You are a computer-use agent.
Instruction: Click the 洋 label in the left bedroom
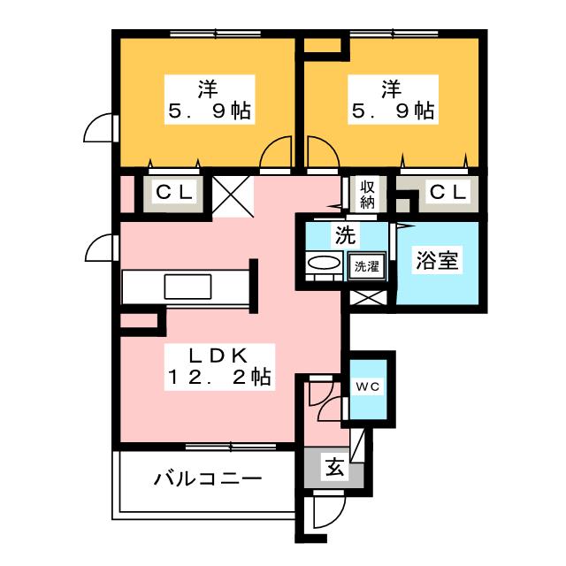tap(208, 88)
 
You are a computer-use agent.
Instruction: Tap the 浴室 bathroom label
tap(437, 262)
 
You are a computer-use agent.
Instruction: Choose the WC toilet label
tap(367, 386)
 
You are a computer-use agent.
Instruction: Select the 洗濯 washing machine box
tap(366, 265)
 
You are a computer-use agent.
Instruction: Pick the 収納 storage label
tap(367, 194)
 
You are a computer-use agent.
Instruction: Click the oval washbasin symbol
tap(324, 265)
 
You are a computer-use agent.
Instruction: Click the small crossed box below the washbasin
tap(366, 294)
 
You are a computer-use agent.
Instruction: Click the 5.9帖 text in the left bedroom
tap(208, 112)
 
